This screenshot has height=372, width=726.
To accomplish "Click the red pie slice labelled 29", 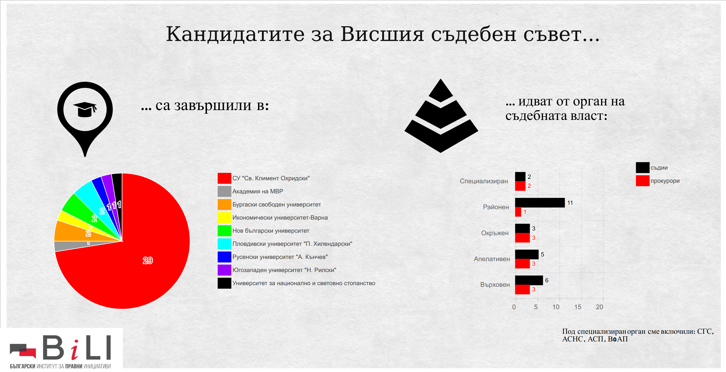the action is pos(135,262).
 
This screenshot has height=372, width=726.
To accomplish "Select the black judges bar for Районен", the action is pos(540,203).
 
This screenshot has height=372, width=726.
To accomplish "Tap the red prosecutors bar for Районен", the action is pos(518,212).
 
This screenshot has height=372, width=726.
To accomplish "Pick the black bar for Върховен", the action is pos(529,280).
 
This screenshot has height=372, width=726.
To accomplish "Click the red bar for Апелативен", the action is pos(523,264).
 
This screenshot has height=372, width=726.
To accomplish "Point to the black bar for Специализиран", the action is pos(520,176).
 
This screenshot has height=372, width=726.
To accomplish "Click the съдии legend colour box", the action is pos(643,167).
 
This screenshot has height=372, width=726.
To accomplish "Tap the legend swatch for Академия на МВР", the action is pos(224,191).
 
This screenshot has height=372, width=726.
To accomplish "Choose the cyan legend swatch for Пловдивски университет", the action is pos(224,244).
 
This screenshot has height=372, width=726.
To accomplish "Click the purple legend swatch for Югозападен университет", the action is pos(224,270).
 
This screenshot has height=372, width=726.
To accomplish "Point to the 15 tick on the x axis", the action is pos(578,307).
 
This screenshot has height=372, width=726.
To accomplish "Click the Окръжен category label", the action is pos(495,233).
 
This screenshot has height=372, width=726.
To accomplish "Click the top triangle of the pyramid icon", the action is pos(441,90).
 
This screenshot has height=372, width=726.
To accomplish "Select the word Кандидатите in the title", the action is pos(235,34).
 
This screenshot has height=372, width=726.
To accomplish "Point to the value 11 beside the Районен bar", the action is pos(570,203).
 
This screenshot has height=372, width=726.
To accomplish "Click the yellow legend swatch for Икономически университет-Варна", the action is pos(224,218).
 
